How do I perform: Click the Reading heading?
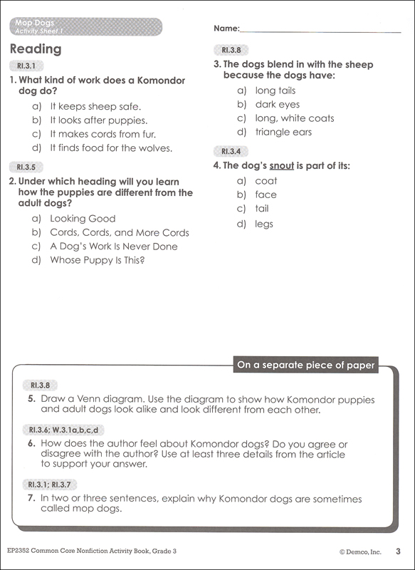36,49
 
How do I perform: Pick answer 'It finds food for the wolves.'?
110,148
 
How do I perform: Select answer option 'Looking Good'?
82,219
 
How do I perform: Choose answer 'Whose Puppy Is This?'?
97,260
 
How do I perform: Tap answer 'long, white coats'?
294,118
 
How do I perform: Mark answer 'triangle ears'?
283,132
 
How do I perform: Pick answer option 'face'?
266,195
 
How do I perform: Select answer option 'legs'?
264,224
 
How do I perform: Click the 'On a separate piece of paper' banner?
306,365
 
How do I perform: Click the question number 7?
32,498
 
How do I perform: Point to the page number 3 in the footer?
399,550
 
